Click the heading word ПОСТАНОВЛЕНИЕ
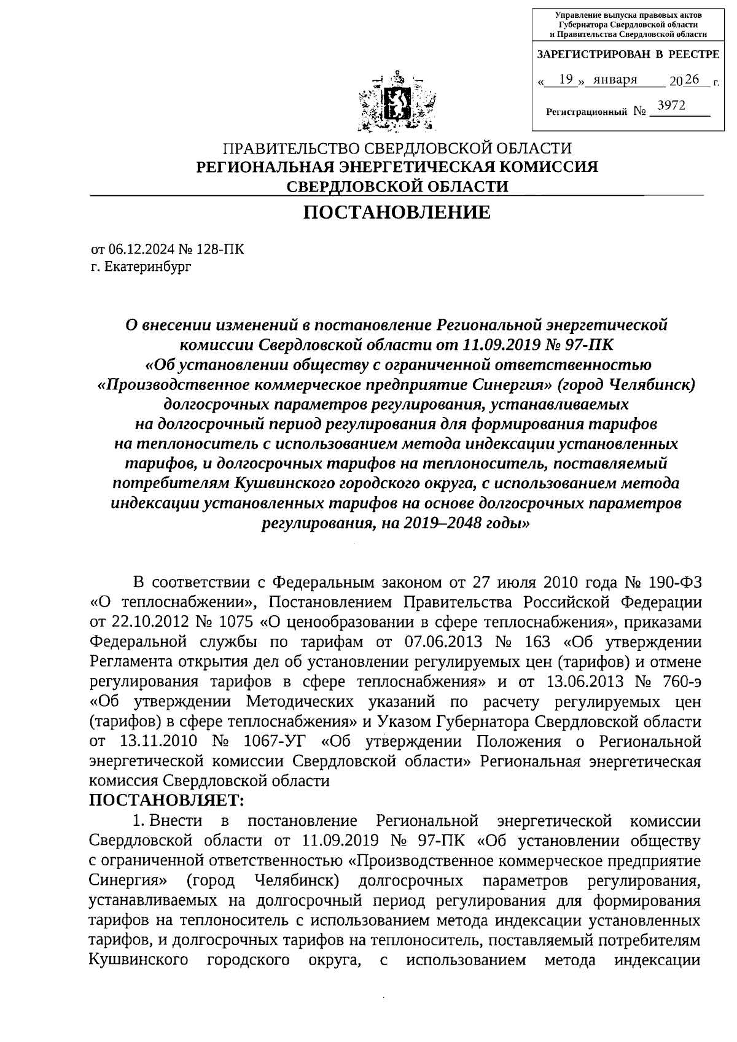click(x=397, y=212)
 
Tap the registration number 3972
click(x=671, y=106)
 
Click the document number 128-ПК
click(x=219, y=249)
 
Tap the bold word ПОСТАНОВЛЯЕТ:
click(x=167, y=801)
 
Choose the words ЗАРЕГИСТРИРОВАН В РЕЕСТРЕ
click(x=628, y=55)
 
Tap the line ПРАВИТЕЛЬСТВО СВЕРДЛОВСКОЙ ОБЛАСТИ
click(x=397, y=148)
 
